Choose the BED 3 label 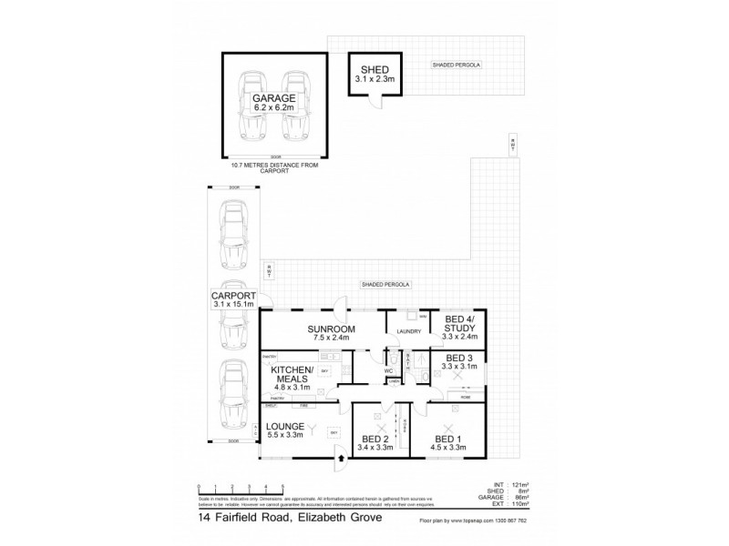point(459,359)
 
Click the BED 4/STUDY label point(459,324)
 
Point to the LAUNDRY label point(408,332)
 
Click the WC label point(387,370)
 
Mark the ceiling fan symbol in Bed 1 point(448,428)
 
